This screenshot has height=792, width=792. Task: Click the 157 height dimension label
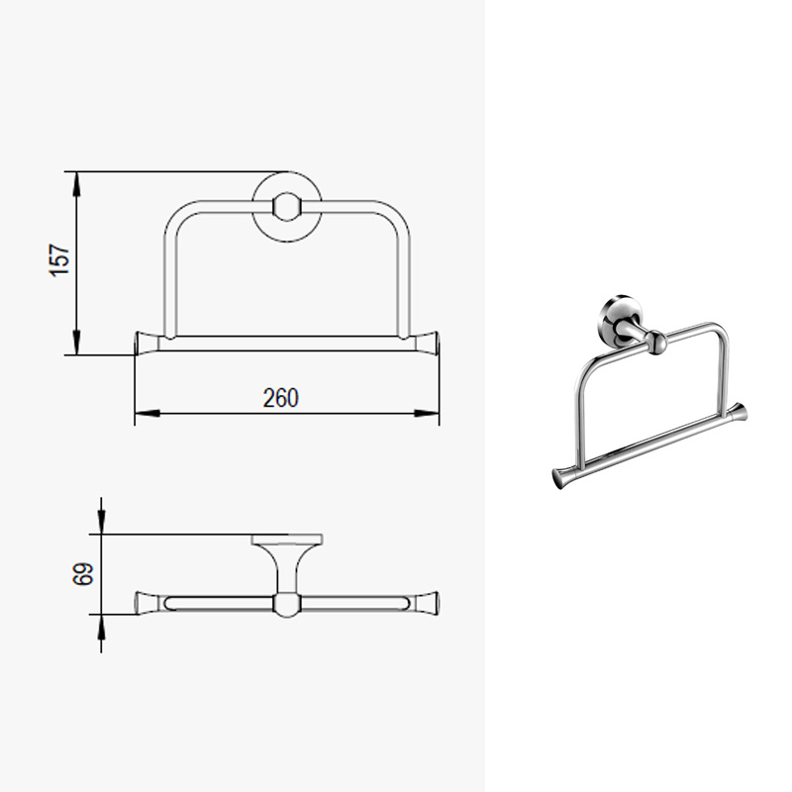tap(59, 259)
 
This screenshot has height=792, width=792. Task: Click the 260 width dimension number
tap(281, 398)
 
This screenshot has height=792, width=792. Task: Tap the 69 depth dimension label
tap(83, 574)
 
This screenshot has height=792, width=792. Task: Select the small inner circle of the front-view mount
tap(286, 207)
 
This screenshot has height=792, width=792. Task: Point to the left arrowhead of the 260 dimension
tap(148, 413)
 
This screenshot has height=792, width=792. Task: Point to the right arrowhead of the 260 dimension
tap(427, 413)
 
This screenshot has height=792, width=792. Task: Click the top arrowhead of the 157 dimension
tap(77, 184)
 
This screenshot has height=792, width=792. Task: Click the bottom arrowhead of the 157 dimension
tap(77, 343)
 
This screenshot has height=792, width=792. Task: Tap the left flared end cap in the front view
tap(147, 343)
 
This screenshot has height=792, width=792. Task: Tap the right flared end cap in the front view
tap(427, 343)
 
